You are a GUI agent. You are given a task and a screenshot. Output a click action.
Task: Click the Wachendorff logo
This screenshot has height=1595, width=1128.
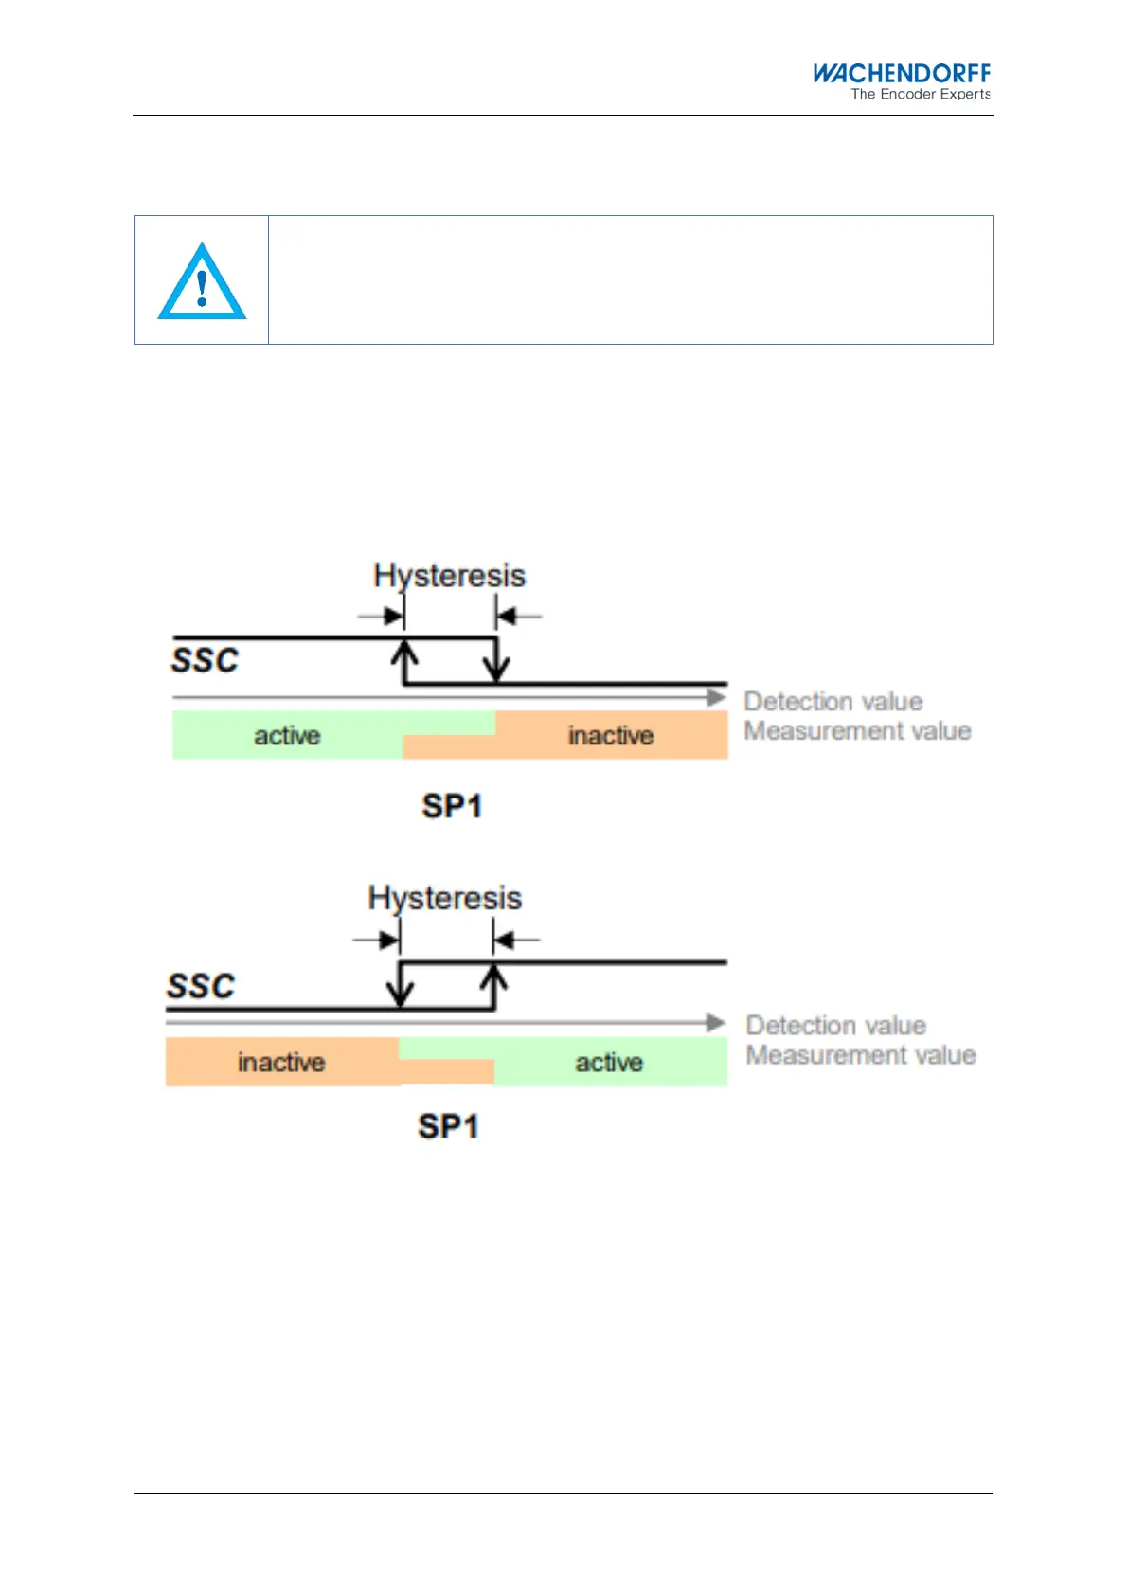(901, 73)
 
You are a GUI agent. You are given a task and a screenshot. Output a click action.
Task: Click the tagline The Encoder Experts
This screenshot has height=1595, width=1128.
(920, 94)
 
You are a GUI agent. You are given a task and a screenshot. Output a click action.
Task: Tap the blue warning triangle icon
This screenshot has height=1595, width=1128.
(202, 283)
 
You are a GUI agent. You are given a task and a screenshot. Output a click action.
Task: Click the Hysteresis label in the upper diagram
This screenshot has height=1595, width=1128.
(449, 576)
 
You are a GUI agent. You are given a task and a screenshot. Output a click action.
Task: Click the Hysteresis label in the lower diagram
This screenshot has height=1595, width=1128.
(444, 898)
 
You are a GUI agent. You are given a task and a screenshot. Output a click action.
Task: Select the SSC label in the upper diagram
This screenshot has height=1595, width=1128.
(205, 660)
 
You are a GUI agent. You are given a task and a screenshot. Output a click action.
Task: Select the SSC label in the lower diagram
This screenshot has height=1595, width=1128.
(201, 986)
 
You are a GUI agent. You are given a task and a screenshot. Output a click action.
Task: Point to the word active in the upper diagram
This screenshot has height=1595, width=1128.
(287, 736)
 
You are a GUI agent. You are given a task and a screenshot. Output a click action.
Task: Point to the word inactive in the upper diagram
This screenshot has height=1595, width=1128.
(611, 736)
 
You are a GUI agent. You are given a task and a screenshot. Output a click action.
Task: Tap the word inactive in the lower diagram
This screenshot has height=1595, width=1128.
(281, 1063)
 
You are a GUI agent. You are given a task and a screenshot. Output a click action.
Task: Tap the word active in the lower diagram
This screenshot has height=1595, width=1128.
(609, 1063)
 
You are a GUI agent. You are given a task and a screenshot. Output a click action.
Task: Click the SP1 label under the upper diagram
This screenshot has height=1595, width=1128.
(452, 806)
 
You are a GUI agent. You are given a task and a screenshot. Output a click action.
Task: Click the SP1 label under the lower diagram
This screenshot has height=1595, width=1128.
(448, 1126)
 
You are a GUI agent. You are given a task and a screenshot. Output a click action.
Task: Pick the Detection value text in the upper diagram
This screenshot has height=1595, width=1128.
(833, 702)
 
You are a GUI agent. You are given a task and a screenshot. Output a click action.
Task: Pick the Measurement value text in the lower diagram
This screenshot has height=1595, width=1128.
(860, 1055)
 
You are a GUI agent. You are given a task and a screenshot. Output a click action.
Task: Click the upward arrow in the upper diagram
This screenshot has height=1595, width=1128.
(404, 660)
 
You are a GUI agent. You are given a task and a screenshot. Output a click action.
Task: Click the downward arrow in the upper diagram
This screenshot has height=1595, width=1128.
(496, 660)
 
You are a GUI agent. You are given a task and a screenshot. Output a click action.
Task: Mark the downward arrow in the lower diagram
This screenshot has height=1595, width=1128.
(401, 986)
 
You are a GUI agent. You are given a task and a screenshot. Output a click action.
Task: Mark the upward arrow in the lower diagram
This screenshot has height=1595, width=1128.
(493, 986)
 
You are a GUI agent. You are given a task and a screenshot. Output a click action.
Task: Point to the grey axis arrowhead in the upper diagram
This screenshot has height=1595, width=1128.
(717, 698)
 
